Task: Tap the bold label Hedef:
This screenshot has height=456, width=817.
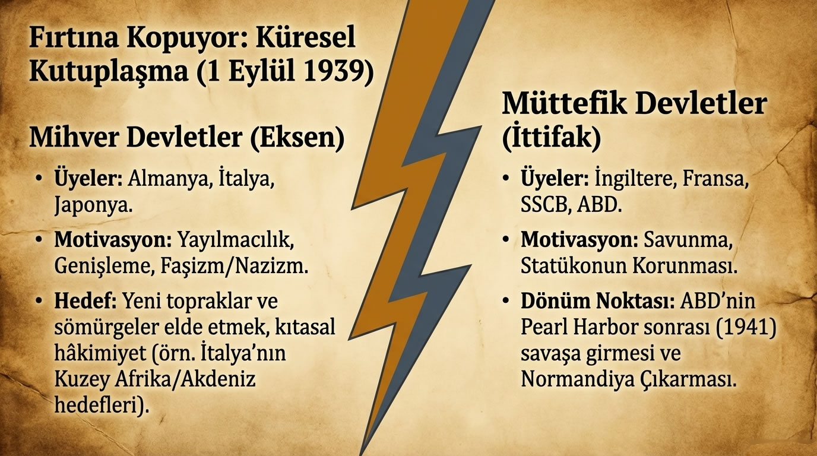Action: tap(85, 302)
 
